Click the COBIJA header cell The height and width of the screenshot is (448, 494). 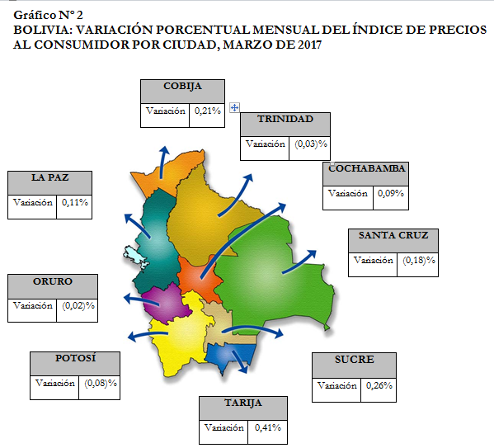(x=182, y=92)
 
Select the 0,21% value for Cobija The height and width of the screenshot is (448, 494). (x=208, y=111)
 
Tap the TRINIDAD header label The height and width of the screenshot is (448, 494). (x=285, y=119)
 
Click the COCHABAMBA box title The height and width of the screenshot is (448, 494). (x=367, y=168)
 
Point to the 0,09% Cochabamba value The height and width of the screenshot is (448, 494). (x=391, y=193)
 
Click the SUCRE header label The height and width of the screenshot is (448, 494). (x=355, y=360)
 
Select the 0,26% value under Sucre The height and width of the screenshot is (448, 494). (x=379, y=385)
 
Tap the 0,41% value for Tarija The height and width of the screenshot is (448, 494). (x=268, y=428)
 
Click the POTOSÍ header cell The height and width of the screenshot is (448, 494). (x=75, y=364)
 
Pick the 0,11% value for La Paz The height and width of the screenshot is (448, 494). (x=75, y=202)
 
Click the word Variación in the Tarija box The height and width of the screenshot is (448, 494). (x=224, y=428)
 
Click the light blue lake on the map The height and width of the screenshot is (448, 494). (x=136, y=257)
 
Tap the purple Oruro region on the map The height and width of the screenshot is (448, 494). (x=166, y=304)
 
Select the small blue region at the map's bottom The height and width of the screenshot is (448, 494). (x=229, y=356)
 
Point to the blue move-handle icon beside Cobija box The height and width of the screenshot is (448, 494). (x=234, y=108)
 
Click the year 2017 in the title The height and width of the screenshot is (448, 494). (x=309, y=45)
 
